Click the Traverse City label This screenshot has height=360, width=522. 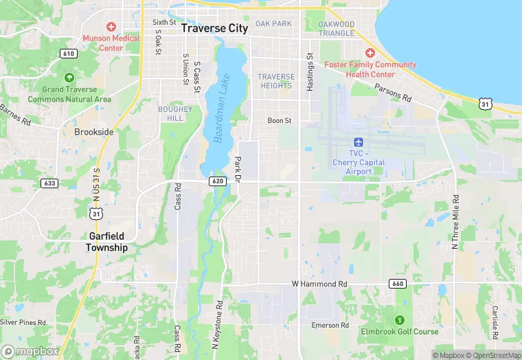pos(214,29)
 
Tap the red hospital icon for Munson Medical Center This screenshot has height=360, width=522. pos(111,26)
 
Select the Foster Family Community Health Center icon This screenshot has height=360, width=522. pos(370,54)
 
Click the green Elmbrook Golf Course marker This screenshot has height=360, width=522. pos(400,320)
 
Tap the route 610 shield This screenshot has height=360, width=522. pos(68,54)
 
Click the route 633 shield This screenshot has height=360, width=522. pos(49,183)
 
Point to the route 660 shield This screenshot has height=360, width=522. pos(397,283)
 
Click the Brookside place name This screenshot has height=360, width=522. pos(93,131)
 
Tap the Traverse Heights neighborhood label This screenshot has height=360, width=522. pos(276,81)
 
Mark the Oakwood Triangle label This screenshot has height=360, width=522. pos(336,28)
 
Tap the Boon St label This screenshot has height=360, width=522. pos(280,121)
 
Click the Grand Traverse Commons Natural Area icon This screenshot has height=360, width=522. pos(69,78)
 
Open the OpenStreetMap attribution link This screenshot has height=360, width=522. pos(493,355)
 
